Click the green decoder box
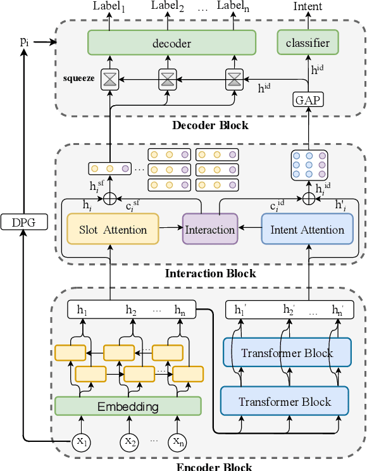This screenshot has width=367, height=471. [171, 43]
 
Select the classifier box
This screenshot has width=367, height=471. [308, 43]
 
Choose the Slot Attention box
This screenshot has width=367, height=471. [112, 229]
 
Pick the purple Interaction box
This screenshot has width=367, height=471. [210, 229]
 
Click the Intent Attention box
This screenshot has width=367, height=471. [307, 229]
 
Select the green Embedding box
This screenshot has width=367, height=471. [128, 406]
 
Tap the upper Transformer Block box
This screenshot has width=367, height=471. [287, 352]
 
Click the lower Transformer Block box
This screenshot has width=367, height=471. [285, 401]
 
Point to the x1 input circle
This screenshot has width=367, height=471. [80, 441]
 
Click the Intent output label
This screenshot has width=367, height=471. [308, 7]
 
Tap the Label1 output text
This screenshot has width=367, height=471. [109, 7]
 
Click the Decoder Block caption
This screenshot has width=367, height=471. [210, 125]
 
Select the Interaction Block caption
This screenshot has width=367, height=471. [210, 273]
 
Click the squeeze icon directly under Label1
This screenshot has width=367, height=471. [110, 79]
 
